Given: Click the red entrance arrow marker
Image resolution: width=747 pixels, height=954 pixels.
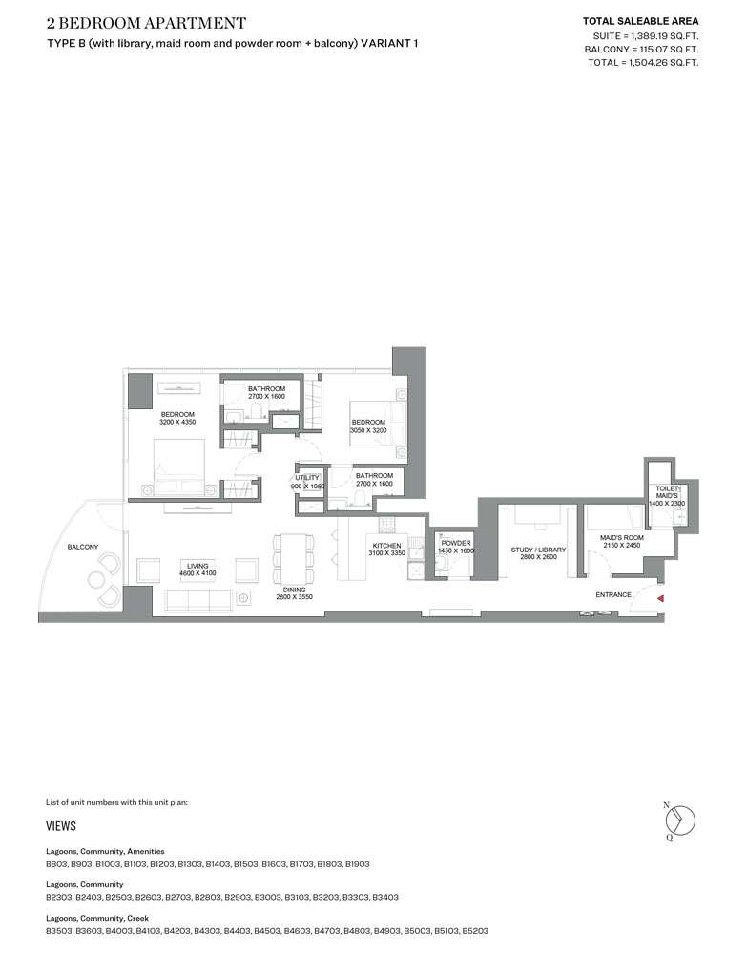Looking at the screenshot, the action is point(660,599).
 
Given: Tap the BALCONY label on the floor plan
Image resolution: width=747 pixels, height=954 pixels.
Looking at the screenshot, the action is point(83,547).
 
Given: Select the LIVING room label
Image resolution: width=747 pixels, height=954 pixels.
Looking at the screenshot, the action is point(197,566).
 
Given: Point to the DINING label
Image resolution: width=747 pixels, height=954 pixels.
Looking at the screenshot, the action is point(295,590).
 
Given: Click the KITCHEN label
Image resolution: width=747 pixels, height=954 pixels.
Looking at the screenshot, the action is point(387,546).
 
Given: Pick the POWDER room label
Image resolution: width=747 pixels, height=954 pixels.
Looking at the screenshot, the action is point(456,543).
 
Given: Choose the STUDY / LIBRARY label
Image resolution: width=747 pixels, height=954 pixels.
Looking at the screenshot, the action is point(538,550).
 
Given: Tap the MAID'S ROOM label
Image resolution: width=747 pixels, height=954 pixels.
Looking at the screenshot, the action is point(622,538).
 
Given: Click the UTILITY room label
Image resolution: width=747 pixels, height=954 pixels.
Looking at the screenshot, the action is point(307,478).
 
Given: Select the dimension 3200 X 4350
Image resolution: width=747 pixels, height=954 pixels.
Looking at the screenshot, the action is point(177,422).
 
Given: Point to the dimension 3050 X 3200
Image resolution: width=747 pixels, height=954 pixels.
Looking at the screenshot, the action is point(368,430).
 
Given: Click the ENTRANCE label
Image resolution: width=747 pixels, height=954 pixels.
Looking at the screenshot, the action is point(613,594).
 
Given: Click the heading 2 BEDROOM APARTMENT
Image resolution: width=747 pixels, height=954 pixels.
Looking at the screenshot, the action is point(147,23).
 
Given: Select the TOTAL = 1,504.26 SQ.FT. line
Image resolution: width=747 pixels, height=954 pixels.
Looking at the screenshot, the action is point(643,63).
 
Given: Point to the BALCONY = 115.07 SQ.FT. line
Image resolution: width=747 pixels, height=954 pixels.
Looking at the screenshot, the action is point(641,50).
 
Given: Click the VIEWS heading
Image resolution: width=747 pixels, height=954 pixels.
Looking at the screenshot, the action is point(61,825).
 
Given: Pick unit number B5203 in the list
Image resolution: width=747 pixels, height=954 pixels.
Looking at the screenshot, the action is point(475,931).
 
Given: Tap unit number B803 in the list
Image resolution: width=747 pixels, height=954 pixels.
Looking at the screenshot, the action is point(56,864).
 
